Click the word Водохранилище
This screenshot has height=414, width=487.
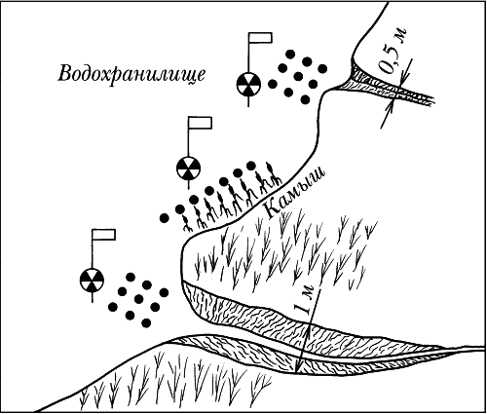pos(131,74)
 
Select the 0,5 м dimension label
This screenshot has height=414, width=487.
pos(393,51)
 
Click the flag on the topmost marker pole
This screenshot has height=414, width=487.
pos(260,37)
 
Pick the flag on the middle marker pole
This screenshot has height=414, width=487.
pos(201,123)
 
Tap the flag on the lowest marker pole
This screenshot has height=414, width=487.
pos(104,235)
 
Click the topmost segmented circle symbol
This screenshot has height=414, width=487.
pos(248,85)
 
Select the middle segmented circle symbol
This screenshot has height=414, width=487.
pos(188,169)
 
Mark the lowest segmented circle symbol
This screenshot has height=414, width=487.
pos(92,280)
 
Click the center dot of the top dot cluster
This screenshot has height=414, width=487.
pos(298,77)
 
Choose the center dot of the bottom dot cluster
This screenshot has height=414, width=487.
pos(138,299)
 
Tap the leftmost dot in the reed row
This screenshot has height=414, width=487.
pos(165,218)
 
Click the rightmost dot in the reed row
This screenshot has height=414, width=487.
pos(251,166)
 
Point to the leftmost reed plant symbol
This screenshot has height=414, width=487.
pos(187,225)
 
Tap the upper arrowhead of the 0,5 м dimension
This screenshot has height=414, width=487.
pos(403,75)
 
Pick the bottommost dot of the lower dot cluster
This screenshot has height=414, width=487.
pos(146,322)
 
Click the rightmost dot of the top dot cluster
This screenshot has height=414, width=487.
pos(322,68)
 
